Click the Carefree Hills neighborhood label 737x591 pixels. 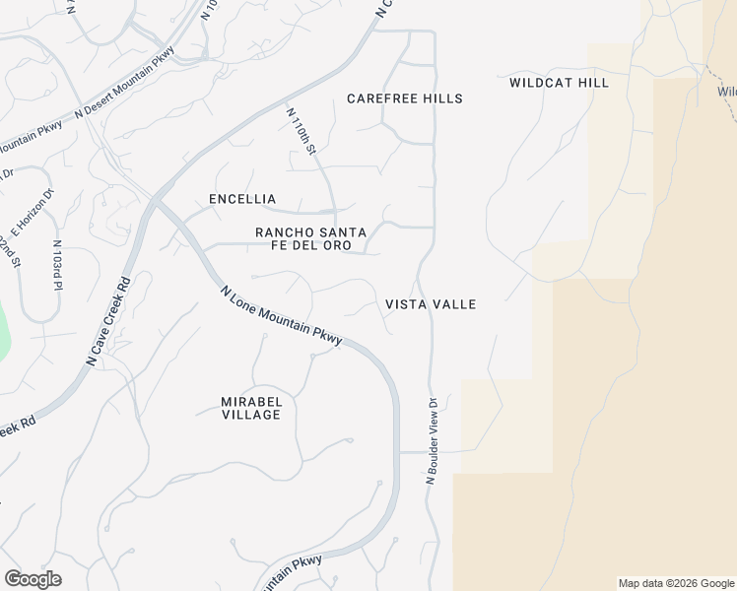coord(404,98)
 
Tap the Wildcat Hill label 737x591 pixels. coord(559,83)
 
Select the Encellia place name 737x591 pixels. coord(242,199)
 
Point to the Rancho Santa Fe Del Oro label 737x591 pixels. coord(310,238)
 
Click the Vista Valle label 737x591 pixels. coord(431,304)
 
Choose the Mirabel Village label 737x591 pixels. coord(250,408)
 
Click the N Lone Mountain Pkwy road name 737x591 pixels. coord(282,315)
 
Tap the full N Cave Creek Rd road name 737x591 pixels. coord(108,321)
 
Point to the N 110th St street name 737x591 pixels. coord(301,131)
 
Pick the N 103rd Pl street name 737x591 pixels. coord(57,266)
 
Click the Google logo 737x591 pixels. coord(33,579)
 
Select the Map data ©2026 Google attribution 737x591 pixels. coord(676,583)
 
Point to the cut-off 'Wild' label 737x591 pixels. coord(727,92)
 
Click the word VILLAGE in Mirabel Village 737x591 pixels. coord(250,415)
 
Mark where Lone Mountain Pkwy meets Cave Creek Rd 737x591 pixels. coord(154,202)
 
